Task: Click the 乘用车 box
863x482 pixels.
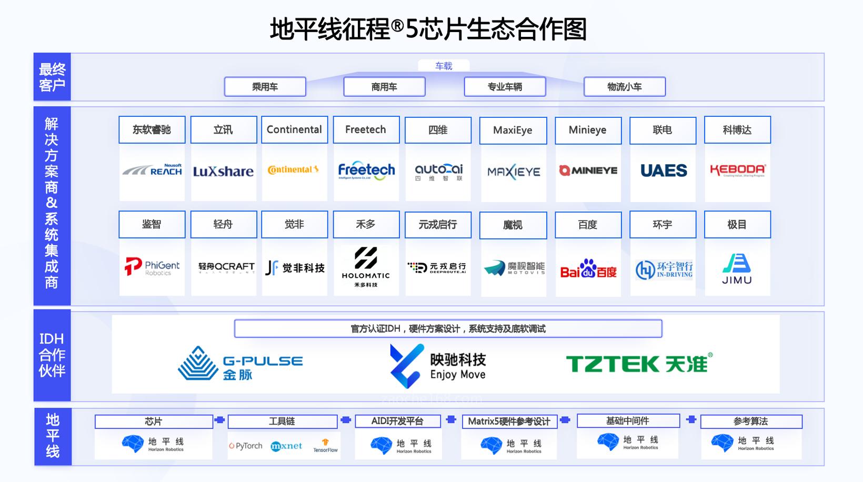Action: pos(265,87)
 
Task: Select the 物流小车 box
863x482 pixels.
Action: pos(624,87)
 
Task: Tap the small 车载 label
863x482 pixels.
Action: pos(444,66)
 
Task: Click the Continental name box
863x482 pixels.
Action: pos(294,129)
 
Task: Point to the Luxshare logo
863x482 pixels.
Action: pos(223,172)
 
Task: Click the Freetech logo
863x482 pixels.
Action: pos(366,170)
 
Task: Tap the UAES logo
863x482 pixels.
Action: pos(664,170)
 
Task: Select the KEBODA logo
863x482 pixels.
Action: pos(737,170)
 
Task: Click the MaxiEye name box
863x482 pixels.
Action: pos(513,130)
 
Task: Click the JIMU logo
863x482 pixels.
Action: pos(737,269)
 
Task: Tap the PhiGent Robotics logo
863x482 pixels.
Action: pos(152,267)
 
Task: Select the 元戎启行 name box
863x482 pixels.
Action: pos(437,225)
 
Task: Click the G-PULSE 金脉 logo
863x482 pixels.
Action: pos(240,363)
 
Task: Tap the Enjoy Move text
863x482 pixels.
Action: pos(458,375)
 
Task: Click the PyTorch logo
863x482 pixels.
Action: pos(246,446)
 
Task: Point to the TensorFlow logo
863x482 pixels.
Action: pos(325,446)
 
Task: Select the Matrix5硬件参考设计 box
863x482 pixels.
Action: pos(509,421)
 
